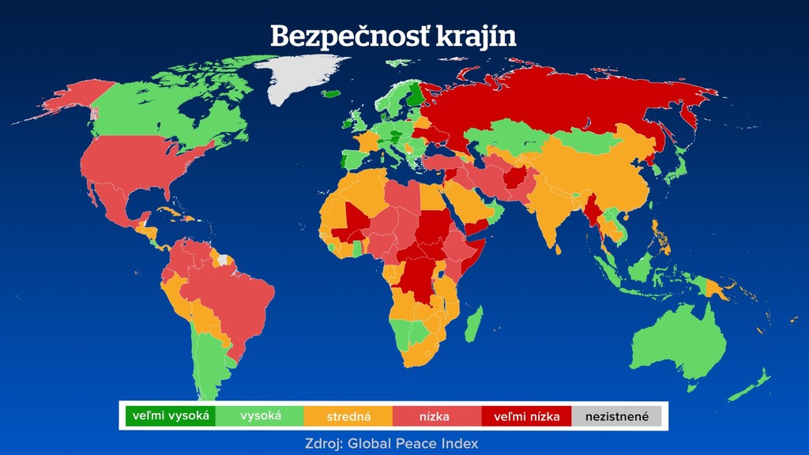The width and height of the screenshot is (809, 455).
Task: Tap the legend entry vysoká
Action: click(260, 416)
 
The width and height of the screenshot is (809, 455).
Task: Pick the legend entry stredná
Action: click(348, 416)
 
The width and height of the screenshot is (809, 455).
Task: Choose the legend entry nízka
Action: click(438, 416)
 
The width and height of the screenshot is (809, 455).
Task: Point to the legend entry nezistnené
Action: click(616, 416)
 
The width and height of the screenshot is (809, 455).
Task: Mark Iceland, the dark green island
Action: click(333, 93)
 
